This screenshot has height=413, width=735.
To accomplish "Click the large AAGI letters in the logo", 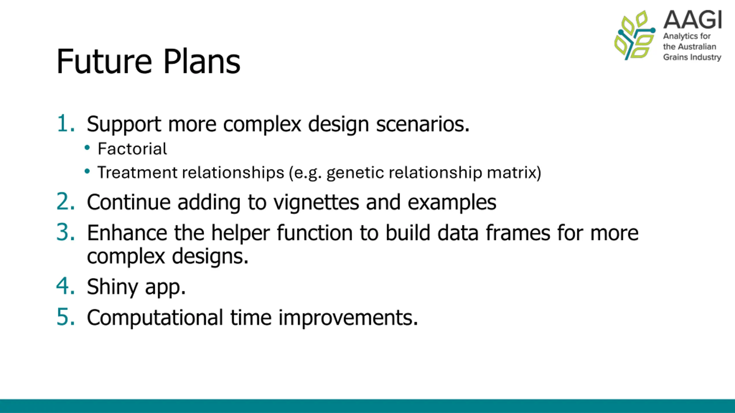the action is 693,20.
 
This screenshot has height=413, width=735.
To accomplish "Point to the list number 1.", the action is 66,124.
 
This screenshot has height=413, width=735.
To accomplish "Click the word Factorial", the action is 132,149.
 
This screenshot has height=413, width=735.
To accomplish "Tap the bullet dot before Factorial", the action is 87,148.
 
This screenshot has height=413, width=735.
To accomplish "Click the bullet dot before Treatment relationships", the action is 87,172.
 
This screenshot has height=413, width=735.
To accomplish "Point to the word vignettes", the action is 316,202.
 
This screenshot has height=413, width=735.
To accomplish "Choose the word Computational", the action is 155,318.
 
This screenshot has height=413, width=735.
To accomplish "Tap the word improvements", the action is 348,318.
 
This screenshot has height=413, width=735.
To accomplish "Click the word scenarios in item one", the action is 423,124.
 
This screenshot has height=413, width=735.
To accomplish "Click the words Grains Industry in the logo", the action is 692,57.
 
